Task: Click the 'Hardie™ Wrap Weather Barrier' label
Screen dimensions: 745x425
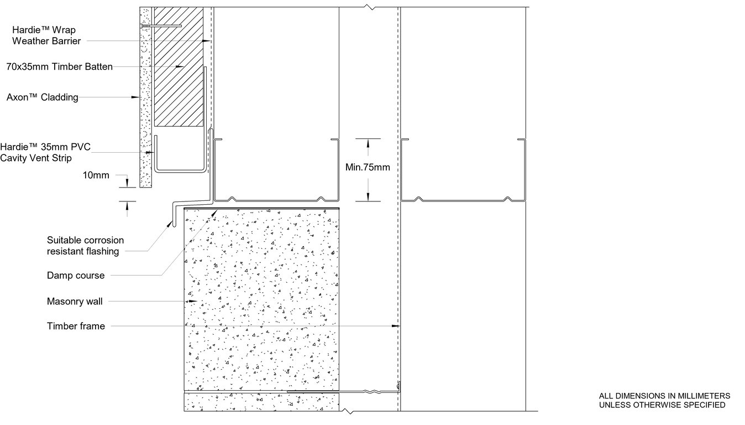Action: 46,35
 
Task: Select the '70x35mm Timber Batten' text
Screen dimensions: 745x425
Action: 60,66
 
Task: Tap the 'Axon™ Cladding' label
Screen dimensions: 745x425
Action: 42,97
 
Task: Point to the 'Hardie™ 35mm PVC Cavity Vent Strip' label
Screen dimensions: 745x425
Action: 45,152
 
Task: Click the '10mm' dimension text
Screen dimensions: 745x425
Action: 96,175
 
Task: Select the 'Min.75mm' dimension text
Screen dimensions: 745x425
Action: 368,167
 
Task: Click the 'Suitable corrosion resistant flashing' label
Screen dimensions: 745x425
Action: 85,246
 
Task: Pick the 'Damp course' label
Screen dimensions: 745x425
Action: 76,276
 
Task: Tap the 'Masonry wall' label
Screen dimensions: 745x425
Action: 75,302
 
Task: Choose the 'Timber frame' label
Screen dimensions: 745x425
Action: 76,326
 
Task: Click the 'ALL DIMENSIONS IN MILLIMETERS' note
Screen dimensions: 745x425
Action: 664,396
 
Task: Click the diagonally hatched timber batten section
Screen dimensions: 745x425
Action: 179,66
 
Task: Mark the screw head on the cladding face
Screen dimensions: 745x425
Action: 142,25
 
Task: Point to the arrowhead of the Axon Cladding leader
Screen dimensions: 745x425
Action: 135,97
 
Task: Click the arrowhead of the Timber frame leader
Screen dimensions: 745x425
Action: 396,326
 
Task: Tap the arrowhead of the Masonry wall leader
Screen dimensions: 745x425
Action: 193,302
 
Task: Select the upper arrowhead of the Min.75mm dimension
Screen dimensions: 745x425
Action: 368,143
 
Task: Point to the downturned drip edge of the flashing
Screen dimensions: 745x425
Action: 174,214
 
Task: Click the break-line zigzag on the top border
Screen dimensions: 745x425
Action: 370,7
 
